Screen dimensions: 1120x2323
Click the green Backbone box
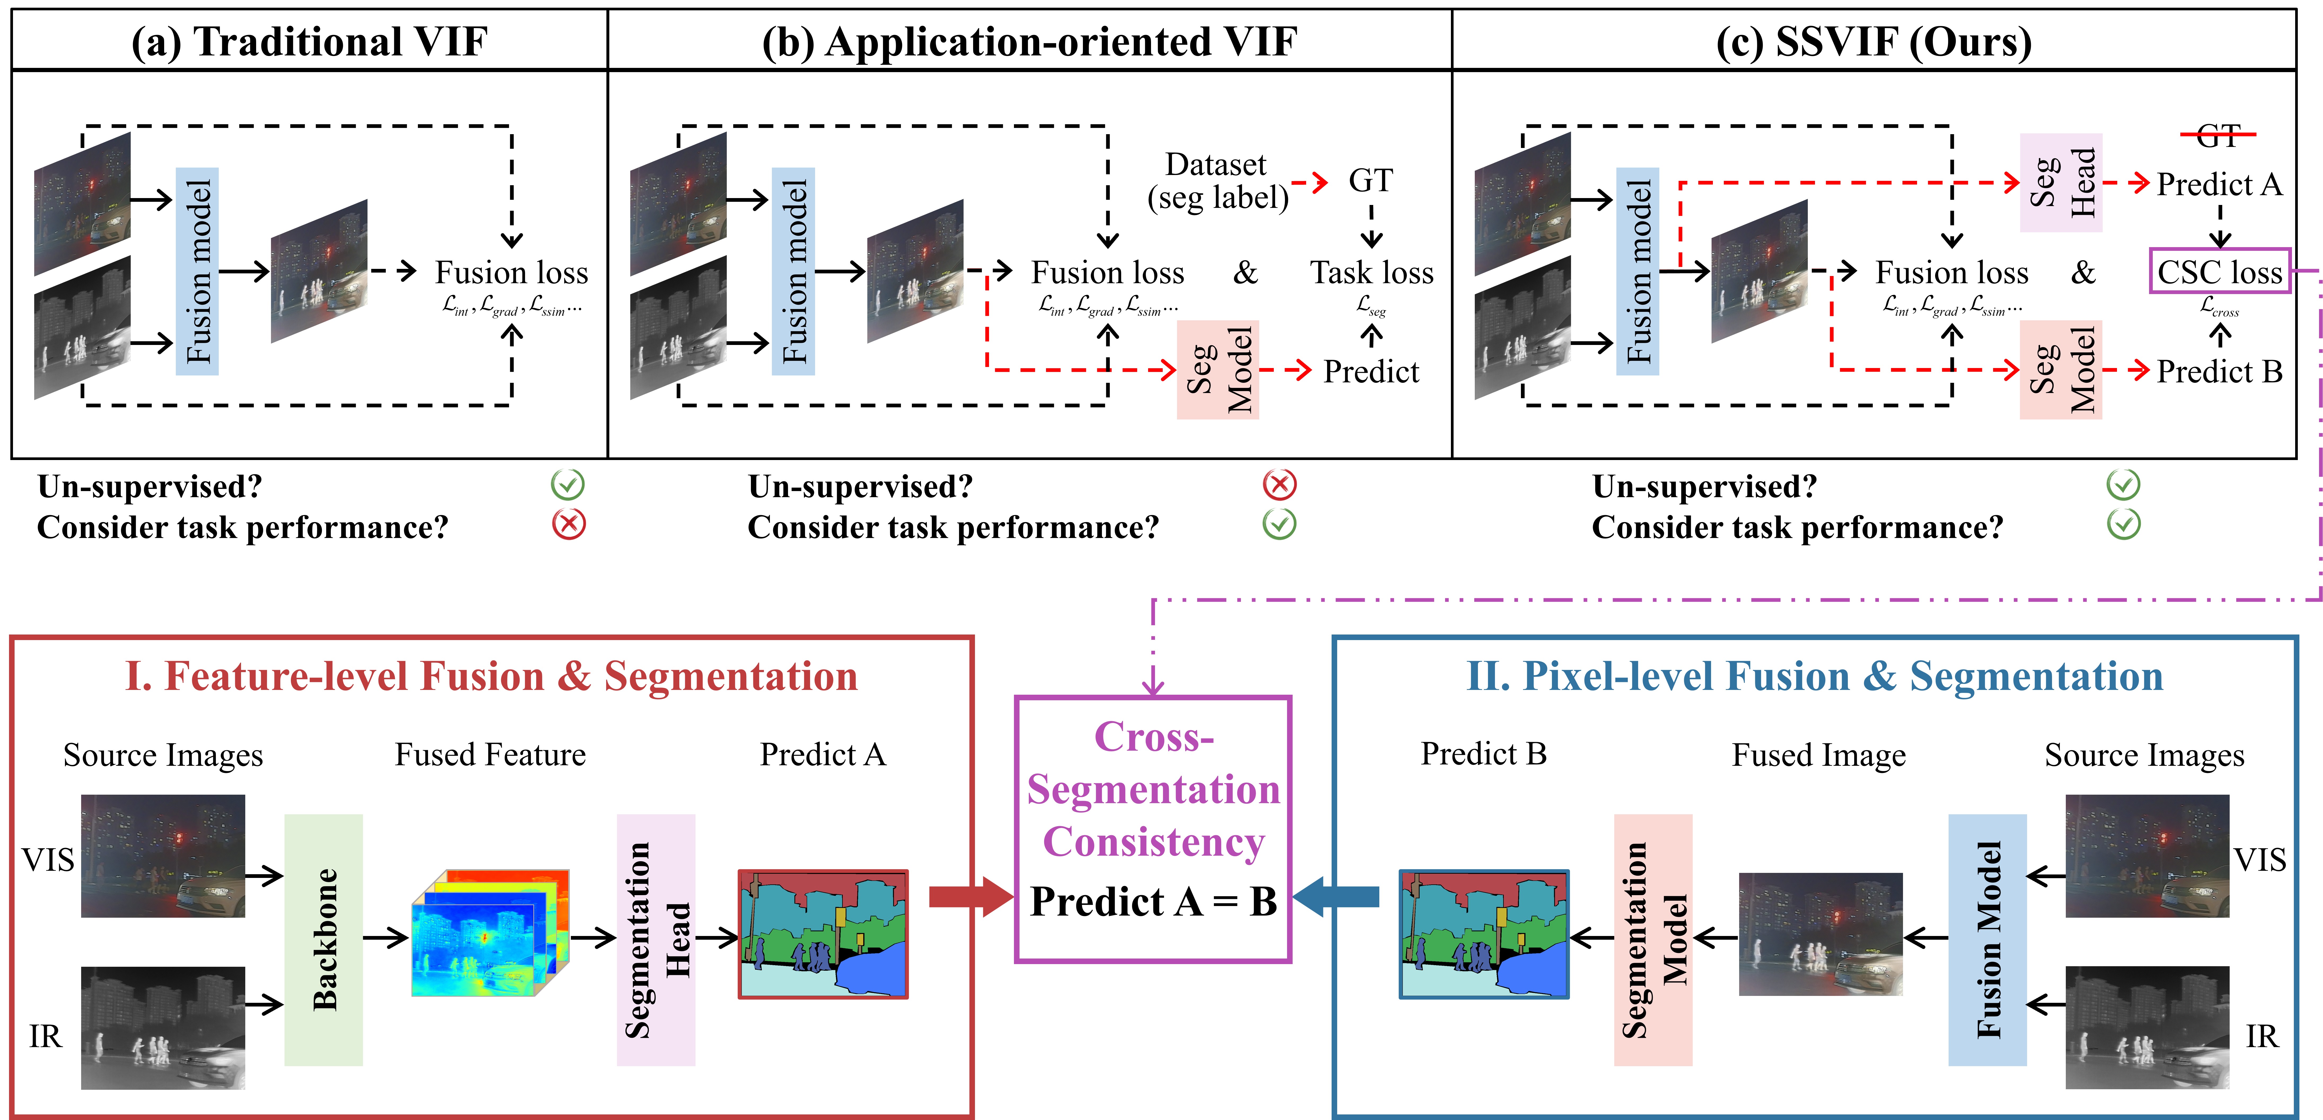(323, 940)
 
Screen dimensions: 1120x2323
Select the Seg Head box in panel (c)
(2060, 183)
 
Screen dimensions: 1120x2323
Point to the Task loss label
(1372, 272)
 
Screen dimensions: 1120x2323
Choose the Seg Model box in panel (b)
(1217, 370)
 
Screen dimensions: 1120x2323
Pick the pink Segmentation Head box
(656, 940)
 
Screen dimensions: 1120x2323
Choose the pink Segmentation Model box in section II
(1652, 940)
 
